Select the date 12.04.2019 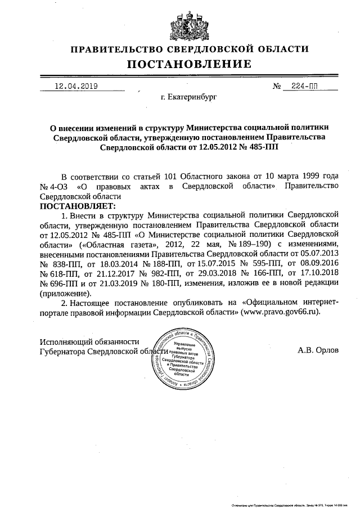point(76,86)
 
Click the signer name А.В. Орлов point(318,349)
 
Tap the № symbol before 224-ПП point(277,87)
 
